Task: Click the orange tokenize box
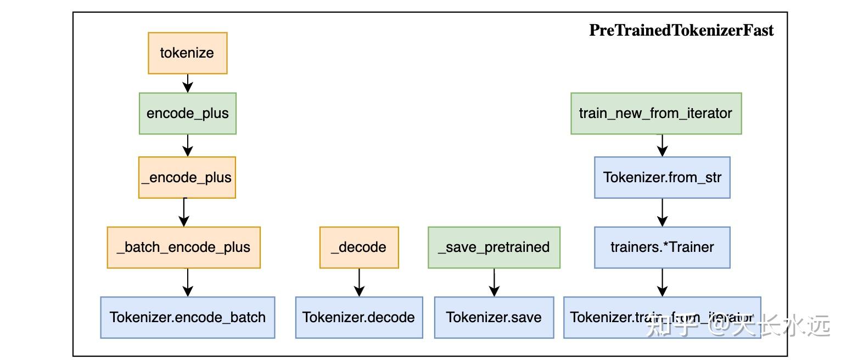click(x=187, y=53)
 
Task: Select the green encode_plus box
click(x=187, y=114)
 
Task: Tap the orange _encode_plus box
click(x=187, y=177)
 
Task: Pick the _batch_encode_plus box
click(x=183, y=247)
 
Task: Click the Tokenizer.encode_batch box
click(x=187, y=317)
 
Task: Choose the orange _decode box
click(x=359, y=247)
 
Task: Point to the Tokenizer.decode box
click(x=358, y=317)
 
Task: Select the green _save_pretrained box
click(x=494, y=247)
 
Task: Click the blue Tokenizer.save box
click(x=494, y=317)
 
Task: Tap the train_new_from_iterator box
click(x=655, y=114)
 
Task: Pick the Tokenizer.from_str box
click(x=662, y=177)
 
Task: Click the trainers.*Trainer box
click(x=662, y=247)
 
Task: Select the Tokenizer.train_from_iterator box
click(x=662, y=317)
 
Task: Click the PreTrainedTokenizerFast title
click(x=681, y=30)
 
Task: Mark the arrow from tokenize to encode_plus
click(x=188, y=83)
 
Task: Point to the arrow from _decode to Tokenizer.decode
click(x=359, y=283)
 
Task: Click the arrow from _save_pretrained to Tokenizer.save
click(x=494, y=283)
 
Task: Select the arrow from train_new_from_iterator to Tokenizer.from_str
click(x=662, y=145)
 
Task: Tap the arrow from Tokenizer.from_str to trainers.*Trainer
click(x=662, y=212)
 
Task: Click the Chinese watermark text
click(x=738, y=326)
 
